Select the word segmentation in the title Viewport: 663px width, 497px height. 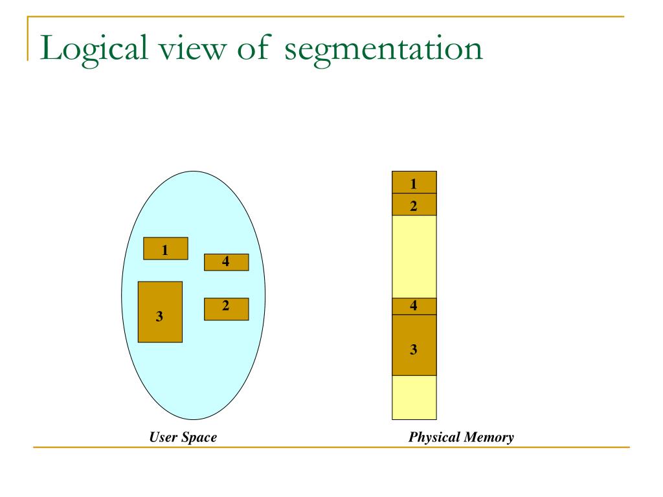383,50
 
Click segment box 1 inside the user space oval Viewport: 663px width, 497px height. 165,248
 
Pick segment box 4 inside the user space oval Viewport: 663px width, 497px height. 226,262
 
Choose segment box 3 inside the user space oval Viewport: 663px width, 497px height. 160,311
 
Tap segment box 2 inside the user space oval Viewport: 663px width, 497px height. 226,309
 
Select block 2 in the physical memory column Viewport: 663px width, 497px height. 414,204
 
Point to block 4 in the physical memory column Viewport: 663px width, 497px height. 414,306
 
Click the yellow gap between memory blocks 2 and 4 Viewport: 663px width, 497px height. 414,256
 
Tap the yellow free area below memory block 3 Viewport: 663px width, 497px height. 414,397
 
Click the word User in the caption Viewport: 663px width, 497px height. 163,437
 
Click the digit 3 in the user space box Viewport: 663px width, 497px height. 159,316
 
